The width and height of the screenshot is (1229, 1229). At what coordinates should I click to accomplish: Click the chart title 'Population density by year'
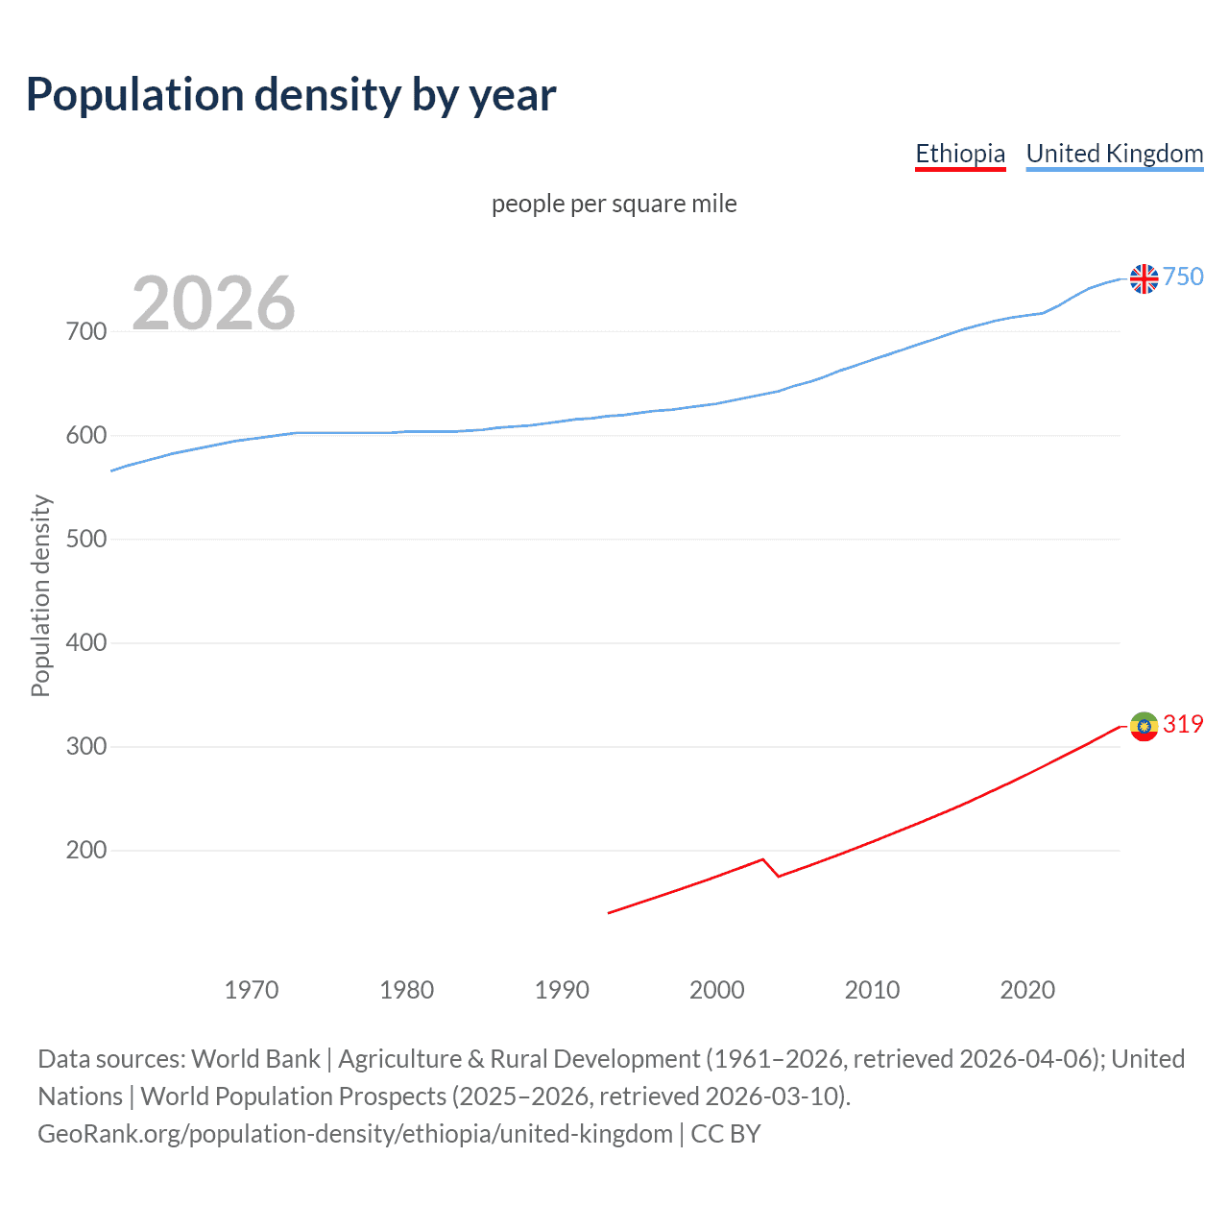pyautogui.click(x=291, y=95)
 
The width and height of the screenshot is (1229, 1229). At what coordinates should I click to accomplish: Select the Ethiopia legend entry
pyautogui.click(x=959, y=154)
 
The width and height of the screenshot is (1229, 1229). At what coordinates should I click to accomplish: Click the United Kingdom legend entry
pyautogui.click(x=1114, y=154)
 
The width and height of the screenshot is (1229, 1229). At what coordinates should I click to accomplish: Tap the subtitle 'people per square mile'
pyautogui.click(x=614, y=204)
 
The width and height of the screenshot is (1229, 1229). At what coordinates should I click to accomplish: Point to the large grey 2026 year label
pyautogui.click(x=213, y=303)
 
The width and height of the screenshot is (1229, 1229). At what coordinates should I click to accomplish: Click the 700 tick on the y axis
pyautogui.click(x=86, y=332)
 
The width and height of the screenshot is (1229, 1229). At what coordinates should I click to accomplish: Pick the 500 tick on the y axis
pyautogui.click(x=86, y=540)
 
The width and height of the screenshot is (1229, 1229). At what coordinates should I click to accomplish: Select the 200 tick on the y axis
pyautogui.click(x=86, y=851)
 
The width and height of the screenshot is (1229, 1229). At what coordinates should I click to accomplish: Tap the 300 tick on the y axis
pyautogui.click(x=86, y=747)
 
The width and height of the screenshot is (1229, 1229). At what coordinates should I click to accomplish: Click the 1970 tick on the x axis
pyautogui.click(x=252, y=990)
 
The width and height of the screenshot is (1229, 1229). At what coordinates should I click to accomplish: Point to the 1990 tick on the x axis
pyautogui.click(x=562, y=990)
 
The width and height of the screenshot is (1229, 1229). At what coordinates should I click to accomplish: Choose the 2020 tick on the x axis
pyautogui.click(x=1027, y=990)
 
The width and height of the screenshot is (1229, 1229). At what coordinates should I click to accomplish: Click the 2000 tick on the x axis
pyautogui.click(x=717, y=990)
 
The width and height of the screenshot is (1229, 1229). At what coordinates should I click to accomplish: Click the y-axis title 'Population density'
pyautogui.click(x=40, y=595)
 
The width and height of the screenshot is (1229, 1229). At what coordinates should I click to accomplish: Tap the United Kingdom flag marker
pyautogui.click(x=1144, y=278)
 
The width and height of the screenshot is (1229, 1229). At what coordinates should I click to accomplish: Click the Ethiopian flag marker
pyautogui.click(x=1144, y=727)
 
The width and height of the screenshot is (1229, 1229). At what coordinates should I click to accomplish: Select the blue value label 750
pyautogui.click(x=1183, y=277)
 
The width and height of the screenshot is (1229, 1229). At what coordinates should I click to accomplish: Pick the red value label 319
pyautogui.click(x=1183, y=725)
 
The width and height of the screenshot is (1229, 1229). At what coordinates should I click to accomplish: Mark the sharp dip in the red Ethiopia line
pyautogui.click(x=778, y=875)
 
